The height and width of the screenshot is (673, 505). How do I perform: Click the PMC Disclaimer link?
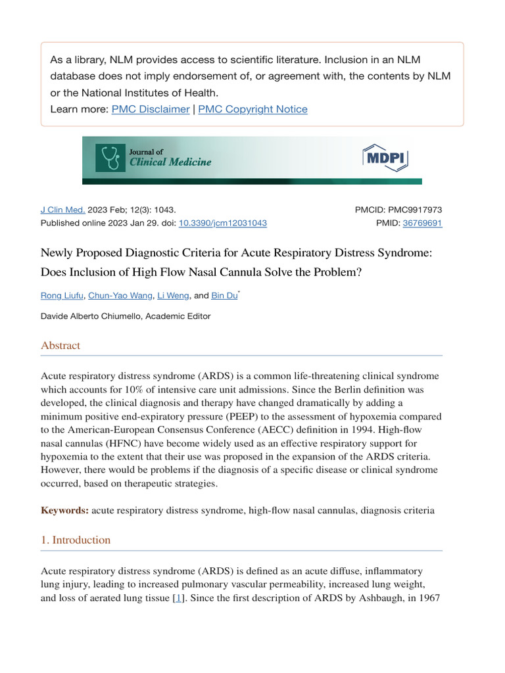[151, 109]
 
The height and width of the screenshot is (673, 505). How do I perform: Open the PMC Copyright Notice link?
[252, 109]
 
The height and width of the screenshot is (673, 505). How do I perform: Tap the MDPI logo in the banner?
[385, 159]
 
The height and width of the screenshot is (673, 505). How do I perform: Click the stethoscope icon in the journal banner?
[110, 158]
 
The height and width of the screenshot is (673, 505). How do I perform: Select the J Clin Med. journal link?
[63, 210]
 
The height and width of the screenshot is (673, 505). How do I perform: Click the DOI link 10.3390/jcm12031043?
[222, 223]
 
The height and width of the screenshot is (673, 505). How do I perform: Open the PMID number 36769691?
[422, 223]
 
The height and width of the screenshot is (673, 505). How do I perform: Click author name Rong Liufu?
[62, 296]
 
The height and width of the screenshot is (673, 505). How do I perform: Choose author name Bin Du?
[224, 296]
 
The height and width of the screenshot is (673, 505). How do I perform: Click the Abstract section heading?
[60, 345]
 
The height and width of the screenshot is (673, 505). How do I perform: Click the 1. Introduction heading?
[76, 540]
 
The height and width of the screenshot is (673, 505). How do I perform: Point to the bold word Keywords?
[64, 510]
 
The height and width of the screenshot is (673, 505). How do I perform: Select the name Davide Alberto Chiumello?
[91, 316]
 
